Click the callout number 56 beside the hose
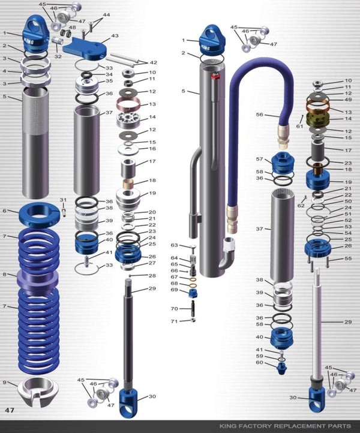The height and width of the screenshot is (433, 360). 259,115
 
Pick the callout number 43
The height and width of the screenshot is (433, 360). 115,36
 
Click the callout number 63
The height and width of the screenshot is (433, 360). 174,245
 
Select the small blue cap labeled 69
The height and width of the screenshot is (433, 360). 193,293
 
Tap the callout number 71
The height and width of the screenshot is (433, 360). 174,321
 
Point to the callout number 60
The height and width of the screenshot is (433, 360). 259,362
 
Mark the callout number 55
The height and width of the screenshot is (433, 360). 347,258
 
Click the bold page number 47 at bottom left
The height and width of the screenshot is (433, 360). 10,410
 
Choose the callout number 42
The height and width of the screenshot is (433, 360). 153,62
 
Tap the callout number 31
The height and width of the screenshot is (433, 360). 63,200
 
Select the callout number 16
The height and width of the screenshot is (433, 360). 152,149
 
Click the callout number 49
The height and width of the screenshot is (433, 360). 348,100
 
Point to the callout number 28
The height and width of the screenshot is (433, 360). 152,276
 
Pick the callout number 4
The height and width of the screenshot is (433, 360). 4,71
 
